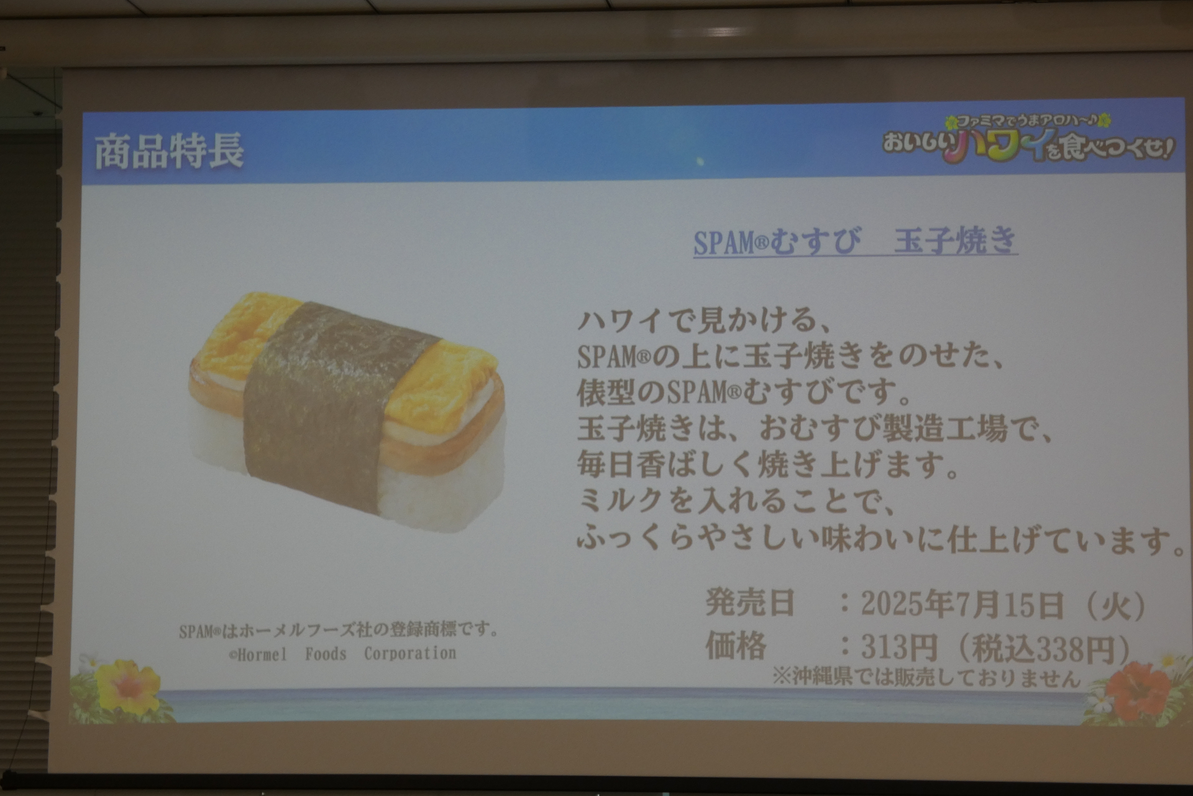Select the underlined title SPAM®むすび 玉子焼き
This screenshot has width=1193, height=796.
855,241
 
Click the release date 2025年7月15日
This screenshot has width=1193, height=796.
962,604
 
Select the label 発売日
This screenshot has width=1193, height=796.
750,603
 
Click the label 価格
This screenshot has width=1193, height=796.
736,646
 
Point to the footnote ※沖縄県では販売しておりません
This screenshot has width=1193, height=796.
926,677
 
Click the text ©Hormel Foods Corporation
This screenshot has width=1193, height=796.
342,654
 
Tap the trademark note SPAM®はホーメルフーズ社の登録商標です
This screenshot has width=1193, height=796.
339,631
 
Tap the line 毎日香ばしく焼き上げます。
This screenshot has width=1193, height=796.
768,465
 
